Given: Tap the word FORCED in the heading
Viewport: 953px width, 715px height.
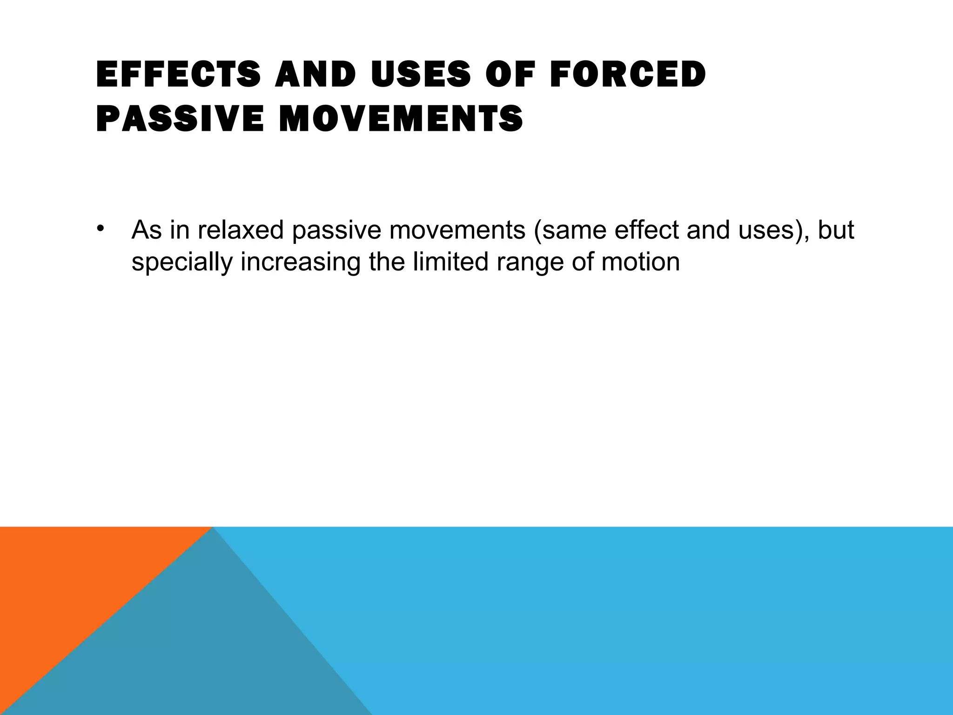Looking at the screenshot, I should (628, 74).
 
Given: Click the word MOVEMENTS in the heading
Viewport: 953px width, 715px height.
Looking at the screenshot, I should (401, 118).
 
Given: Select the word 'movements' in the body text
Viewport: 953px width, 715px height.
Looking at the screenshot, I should (457, 230).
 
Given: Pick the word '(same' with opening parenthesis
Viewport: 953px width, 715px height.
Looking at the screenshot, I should (570, 230).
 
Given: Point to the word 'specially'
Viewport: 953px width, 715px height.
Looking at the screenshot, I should (182, 262).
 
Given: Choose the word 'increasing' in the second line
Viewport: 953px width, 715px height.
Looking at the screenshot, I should (301, 262).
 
